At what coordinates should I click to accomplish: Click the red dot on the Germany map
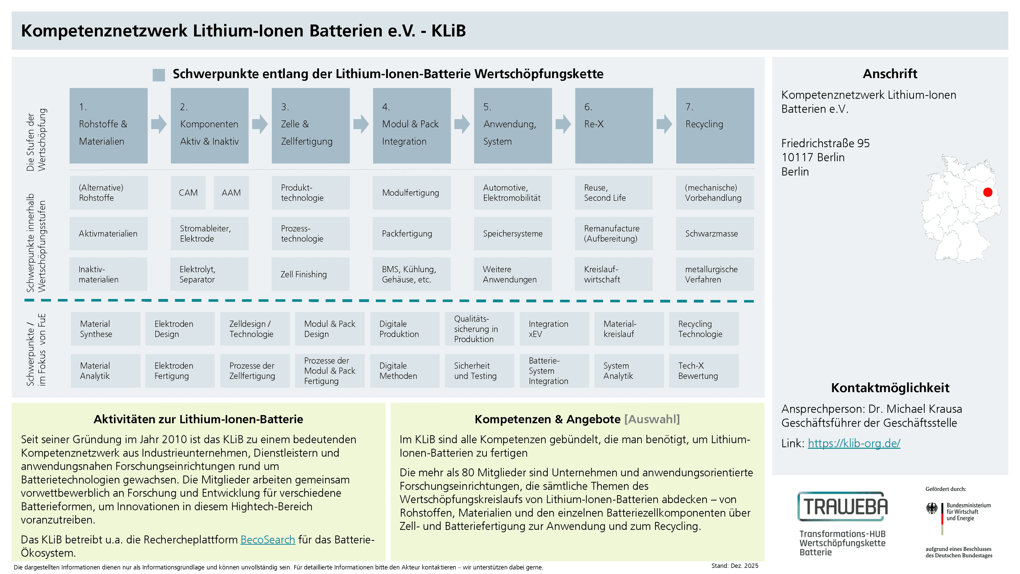(x=988, y=192)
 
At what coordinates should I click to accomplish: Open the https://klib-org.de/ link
(x=854, y=443)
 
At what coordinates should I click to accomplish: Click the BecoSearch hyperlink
(x=268, y=539)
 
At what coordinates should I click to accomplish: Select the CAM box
(x=188, y=192)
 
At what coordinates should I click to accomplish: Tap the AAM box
(x=231, y=192)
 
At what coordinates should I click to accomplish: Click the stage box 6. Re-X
(x=614, y=126)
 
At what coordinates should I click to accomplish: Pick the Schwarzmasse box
(x=715, y=233)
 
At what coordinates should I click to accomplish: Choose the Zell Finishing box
(x=311, y=274)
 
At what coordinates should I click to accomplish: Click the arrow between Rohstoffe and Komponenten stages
(x=159, y=124)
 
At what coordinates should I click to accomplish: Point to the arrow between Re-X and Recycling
(x=664, y=124)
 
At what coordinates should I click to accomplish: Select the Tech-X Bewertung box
(x=704, y=371)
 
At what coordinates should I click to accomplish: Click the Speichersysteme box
(x=513, y=233)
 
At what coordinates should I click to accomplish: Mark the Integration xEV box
(x=554, y=329)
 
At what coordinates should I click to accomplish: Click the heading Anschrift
(x=890, y=74)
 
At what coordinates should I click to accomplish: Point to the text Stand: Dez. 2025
(x=734, y=566)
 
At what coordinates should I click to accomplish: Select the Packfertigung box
(x=412, y=233)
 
